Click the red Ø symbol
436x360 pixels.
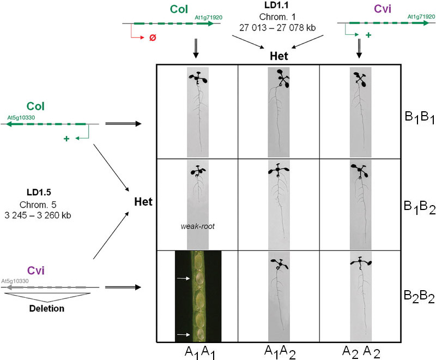pyautogui.click(x=153, y=37)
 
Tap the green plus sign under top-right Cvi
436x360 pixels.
pyautogui.click(x=368, y=35)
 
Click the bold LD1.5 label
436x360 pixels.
pyautogui.click(x=39, y=192)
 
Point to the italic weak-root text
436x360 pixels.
pyautogui.click(x=197, y=226)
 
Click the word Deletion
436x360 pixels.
pyautogui.click(x=47, y=308)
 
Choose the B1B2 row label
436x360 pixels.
pyautogui.click(x=419, y=207)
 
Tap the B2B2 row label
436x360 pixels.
pyautogui.click(x=419, y=297)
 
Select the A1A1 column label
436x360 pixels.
pyautogui.click(x=199, y=352)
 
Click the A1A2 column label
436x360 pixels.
pyautogui.click(x=280, y=352)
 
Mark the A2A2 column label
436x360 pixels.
pyautogui.click(x=361, y=352)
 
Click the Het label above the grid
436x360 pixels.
pyautogui.click(x=279, y=56)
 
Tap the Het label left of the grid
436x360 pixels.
pyautogui.click(x=143, y=202)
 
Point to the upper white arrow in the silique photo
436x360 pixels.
pyautogui.click(x=183, y=278)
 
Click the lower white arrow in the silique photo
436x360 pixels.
pyautogui.click(x=183, y=334)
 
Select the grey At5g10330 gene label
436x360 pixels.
pyautogui.click(x=15, y=281)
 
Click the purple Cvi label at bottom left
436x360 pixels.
pyautogui.click(x=35, y=271)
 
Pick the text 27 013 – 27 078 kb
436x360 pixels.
pyautogui.click(x=277, y=28)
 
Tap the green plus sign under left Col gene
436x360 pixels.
pyautogui.click(x=66, y=139)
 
